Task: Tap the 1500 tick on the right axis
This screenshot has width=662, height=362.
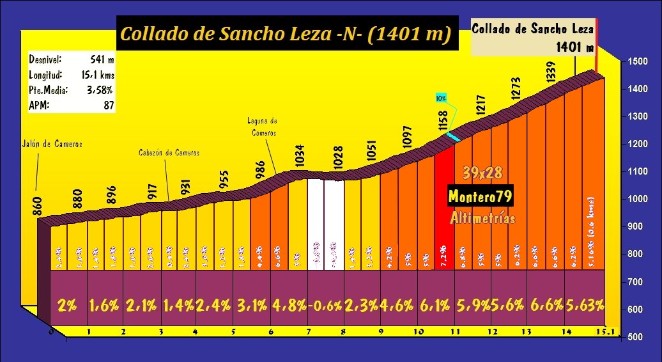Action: click(x=636, y=61)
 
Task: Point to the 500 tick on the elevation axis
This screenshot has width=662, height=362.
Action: click(x=636, y=337)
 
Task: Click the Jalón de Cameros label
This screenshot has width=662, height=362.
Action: click(x=52, y=144)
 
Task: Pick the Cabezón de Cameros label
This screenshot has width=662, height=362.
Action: click(x=169, y=153)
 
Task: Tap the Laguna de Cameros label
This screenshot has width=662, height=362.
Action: click(x=262, y=126)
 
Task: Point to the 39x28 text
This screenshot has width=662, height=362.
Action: click(x=483, y=173)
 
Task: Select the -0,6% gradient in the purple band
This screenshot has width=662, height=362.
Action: click(x=325, y=305)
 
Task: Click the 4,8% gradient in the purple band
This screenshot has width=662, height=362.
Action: click(x=289, y=305)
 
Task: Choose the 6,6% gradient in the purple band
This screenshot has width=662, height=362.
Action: click(x=546, y=305)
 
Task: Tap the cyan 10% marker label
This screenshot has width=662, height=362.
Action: click(x=441, y=98)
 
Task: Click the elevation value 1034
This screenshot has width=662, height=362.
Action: click(x=301, y=157)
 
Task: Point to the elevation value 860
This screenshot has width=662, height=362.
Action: click(x=38, y=206)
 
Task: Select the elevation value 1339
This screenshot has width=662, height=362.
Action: click(x=551, y=70)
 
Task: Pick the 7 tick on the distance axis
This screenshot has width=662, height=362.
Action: click(x=308, y=332)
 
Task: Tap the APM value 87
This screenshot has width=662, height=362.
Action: click(x=109, y=106)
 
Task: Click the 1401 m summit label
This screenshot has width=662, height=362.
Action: click(x=574, y=47)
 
